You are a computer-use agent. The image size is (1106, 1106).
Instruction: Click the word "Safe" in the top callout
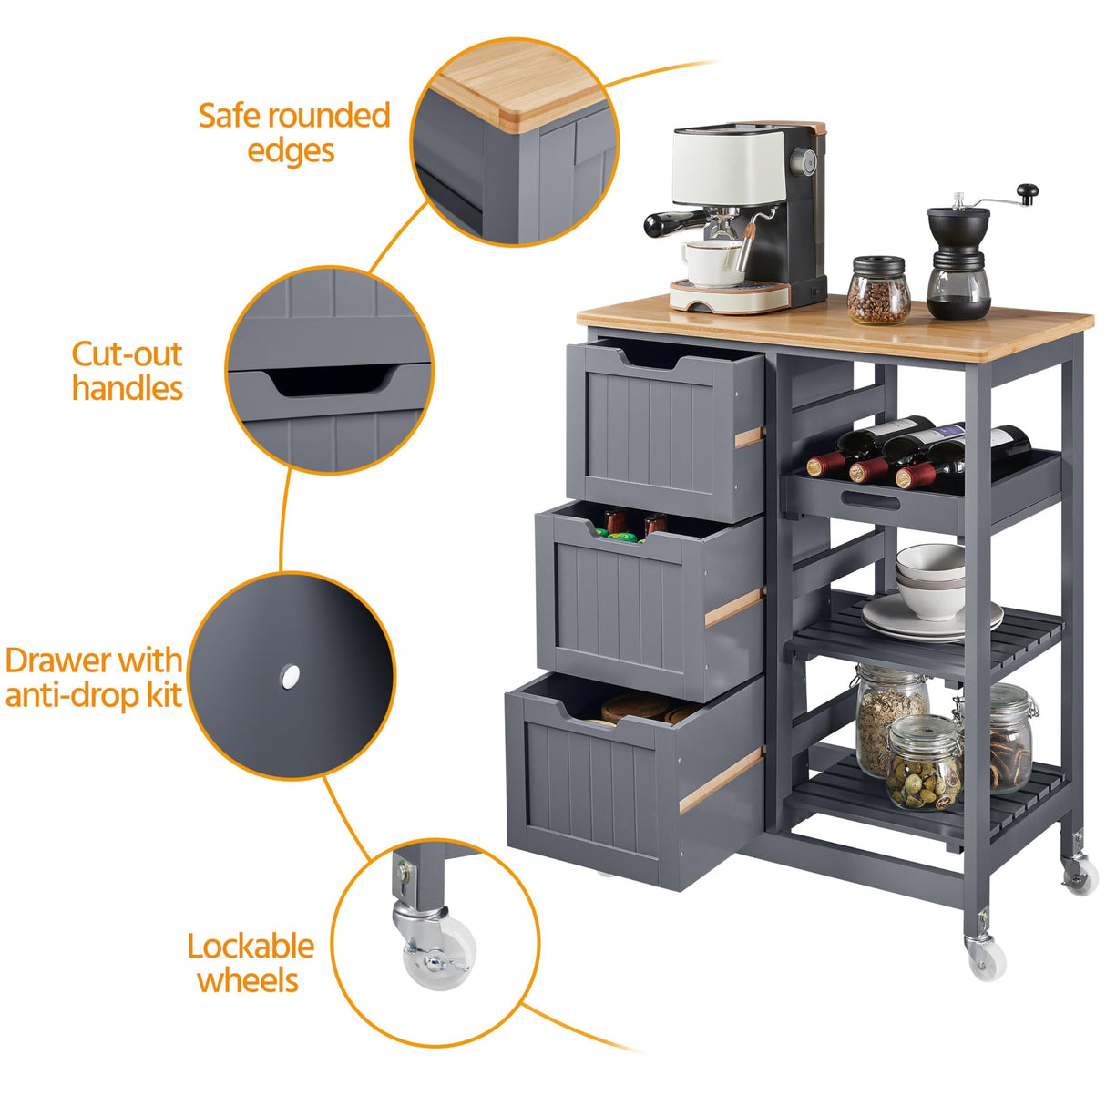[230, 116]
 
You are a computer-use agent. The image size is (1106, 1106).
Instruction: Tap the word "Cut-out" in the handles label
[127, 353]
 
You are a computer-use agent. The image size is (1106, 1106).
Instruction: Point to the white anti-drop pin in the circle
[291, 676]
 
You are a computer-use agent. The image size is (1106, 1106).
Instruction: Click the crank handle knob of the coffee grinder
[1028, 192]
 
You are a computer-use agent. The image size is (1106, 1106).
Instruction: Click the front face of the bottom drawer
[592, 783]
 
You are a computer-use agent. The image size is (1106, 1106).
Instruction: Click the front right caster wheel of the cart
[985, 958]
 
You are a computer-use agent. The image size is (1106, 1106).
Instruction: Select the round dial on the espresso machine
[807, 161]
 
